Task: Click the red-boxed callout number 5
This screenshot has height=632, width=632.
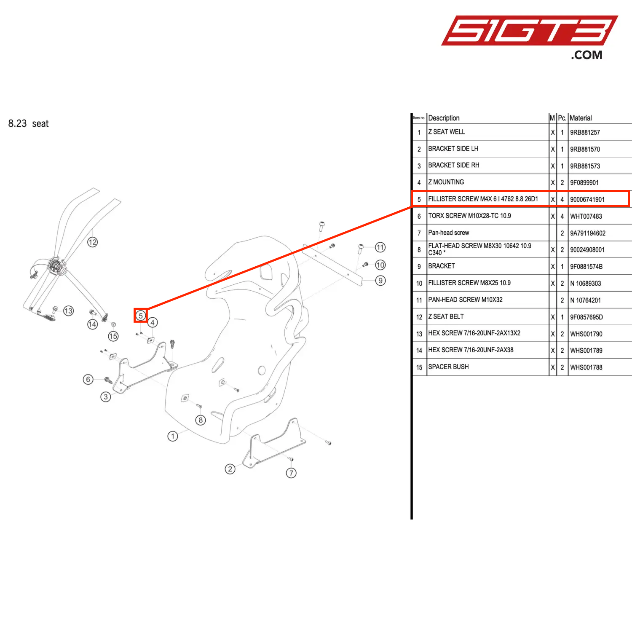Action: [x=141, y=316]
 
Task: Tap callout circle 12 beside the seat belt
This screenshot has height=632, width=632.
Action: [x=92, y=242]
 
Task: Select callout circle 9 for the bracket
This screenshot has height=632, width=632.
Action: [x=380, y=281]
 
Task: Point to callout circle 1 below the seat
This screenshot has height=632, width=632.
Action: [x=173, y=436]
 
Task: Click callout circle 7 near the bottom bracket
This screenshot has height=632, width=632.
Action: [x=291, y=473]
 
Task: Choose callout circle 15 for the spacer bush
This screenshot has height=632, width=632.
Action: [x=113, y=336]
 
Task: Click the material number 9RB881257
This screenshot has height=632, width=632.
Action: [x=585, y=132]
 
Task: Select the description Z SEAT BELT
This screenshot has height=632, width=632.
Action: [x=446, y=317]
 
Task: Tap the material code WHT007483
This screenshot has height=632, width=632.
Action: [x=586, y=217]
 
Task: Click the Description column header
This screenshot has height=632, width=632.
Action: [x=444, y=118]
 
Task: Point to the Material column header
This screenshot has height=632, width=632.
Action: [x=581, y=118]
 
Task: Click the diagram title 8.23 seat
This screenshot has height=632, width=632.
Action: [x=28, y=123]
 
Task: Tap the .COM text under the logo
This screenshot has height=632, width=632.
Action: [x=586, y=55]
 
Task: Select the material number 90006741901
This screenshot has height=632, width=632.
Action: [x=587, y=200]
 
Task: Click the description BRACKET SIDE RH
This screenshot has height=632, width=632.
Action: [x=453, y=166]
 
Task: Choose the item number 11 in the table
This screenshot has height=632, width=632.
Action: [x=419, y=300]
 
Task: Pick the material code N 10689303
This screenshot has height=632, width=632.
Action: [x=585, y=284]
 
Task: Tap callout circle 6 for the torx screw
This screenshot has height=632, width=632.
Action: [x=88, y=379]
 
